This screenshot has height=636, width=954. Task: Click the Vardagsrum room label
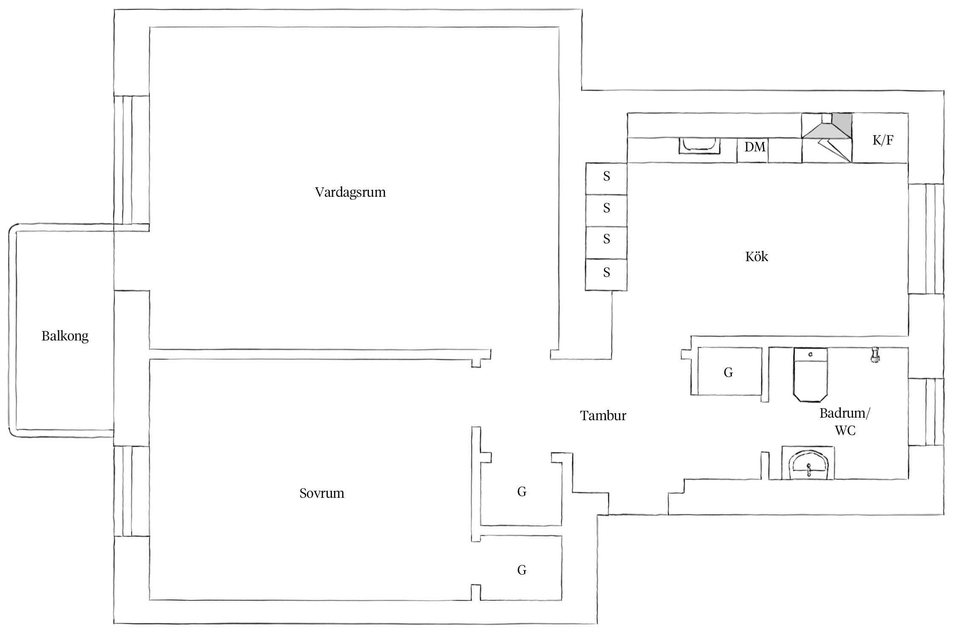pos(350,192)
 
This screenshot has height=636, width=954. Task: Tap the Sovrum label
pos(322,493)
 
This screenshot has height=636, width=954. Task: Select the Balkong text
pos(65,336)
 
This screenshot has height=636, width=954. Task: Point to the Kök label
pos(757,257)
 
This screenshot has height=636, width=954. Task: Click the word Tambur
pos(603,416)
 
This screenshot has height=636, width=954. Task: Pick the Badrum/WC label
pos(845,421)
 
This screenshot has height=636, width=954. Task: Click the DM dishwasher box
pos(752,150)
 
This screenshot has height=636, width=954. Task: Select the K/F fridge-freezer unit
pos(880,138)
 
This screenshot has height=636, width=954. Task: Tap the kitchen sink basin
pos(699,145)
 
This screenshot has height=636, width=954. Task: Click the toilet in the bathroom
pos(810,375)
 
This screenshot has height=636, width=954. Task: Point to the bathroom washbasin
pos(808,463)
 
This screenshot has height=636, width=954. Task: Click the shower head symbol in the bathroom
pos(874,355)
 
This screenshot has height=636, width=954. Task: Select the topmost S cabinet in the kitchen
pos(606,179)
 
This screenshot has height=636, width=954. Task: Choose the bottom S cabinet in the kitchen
pos(606,275)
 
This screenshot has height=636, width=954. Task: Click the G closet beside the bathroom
pos(727,371)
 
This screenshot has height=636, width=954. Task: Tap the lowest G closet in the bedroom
pos(521,568)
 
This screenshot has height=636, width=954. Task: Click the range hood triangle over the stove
pos(827,131)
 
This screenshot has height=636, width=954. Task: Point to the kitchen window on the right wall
pos(926,239)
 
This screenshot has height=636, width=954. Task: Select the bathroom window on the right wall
pos(926,412)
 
